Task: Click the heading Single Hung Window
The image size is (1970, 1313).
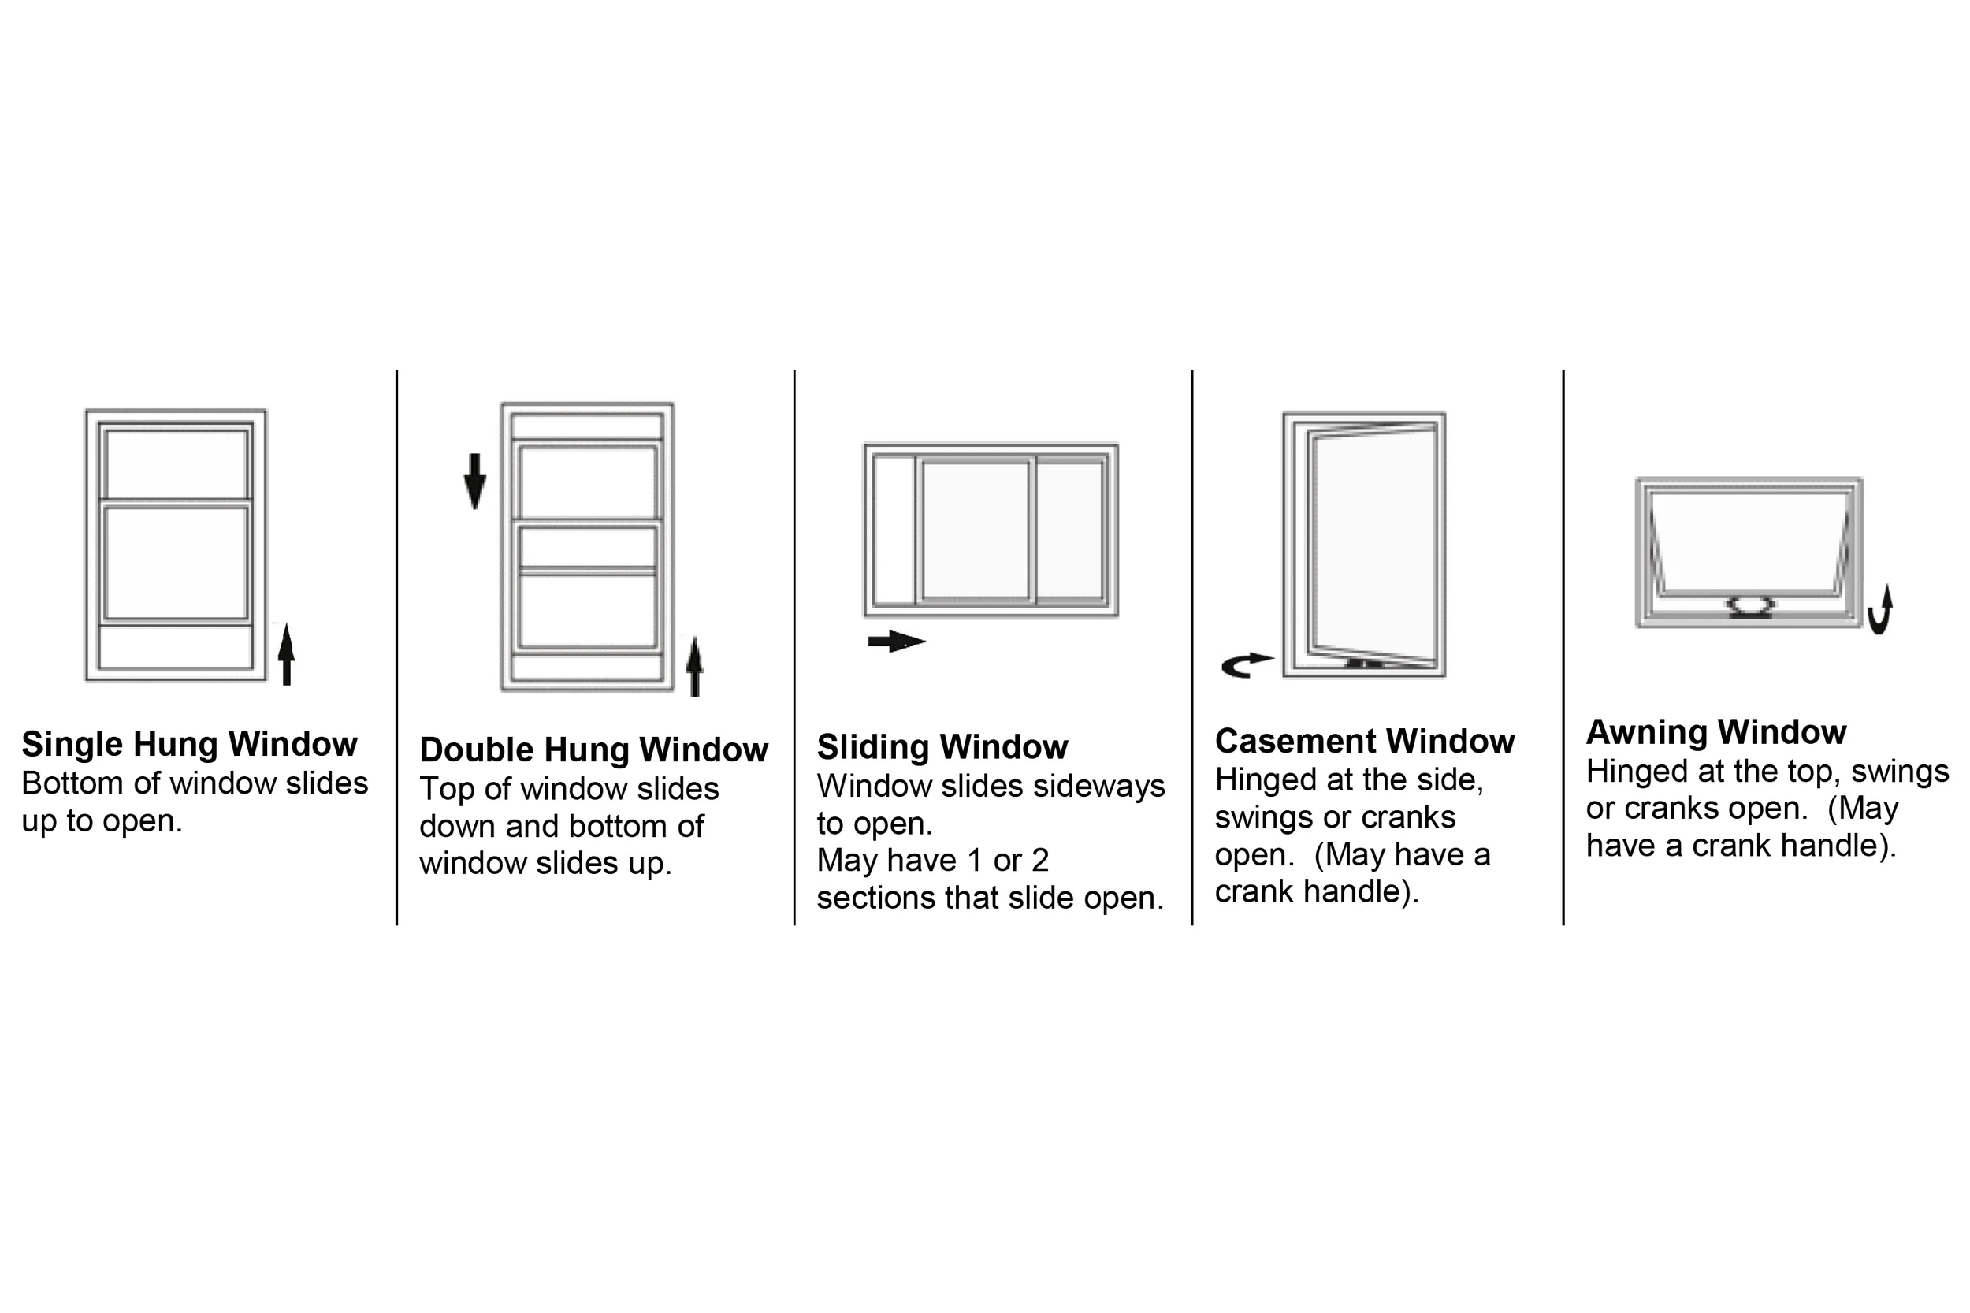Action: (x=189, y=744)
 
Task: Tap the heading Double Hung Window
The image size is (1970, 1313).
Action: (x=593, y=749)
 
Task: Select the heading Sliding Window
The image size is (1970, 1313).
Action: (x=942, y=746)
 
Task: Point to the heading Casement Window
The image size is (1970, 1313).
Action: (x=1364, y=741)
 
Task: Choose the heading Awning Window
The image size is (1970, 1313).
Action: (x=1715, y=732)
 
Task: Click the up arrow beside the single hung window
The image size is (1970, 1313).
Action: (x=286, y=654)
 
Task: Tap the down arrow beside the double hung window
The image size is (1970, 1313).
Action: (x=474, y=481)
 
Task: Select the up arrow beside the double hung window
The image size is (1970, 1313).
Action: (x=694, y=667)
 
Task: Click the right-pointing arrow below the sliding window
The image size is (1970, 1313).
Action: (x=896, y=642)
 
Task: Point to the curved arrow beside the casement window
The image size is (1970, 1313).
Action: (x=1246, y=665)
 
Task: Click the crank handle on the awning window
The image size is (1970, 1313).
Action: (x=1749, y=606)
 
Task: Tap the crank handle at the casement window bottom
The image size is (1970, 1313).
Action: (x=1365, y=664)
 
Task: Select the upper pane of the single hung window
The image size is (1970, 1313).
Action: (x=177, y=464)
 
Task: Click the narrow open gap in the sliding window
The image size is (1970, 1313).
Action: (x=894, y=530)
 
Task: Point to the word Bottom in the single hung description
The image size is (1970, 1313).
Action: (x=72, y=783)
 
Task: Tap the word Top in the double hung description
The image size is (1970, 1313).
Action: (x=445, y=789)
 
